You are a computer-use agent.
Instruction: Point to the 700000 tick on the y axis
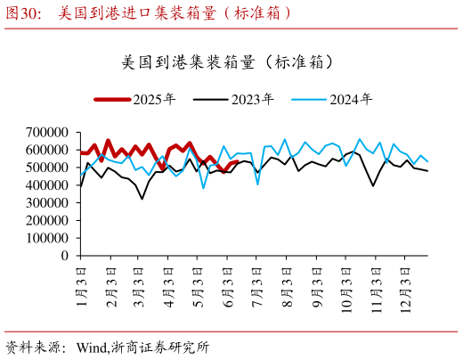click(47, 132)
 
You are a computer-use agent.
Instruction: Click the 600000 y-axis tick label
click(47, 150)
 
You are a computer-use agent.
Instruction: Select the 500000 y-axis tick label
click(47, 168)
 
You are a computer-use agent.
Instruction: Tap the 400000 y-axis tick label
click(47, 185)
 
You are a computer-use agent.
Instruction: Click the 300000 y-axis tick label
click(47, 203)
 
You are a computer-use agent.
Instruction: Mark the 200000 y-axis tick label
click(47, 220)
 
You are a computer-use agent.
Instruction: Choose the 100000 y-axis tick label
click(47, 238)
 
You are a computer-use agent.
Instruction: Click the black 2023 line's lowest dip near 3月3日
click(142, 199)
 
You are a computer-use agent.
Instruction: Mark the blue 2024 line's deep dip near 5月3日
click(204, 188)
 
